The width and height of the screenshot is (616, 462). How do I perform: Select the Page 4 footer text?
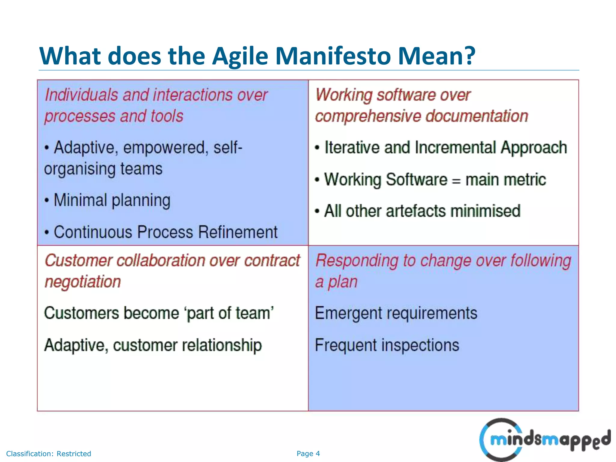tap(308, 454)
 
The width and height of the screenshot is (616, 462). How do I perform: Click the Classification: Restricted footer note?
tap(48, 454)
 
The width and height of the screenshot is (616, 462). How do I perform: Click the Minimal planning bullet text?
tap(112, 200)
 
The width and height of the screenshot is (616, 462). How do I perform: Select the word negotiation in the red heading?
tap(83, 282)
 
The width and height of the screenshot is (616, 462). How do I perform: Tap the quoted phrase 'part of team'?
tap(230, 313)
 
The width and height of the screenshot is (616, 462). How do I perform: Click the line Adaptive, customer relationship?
tap(153, 345)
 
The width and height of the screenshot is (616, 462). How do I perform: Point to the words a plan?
tap(336, 282)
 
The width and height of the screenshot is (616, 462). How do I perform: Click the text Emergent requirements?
tap(396, 313)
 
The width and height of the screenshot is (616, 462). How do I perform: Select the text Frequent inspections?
tap(387, 345)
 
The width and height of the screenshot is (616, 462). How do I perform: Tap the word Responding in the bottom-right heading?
tap(356, 260)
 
